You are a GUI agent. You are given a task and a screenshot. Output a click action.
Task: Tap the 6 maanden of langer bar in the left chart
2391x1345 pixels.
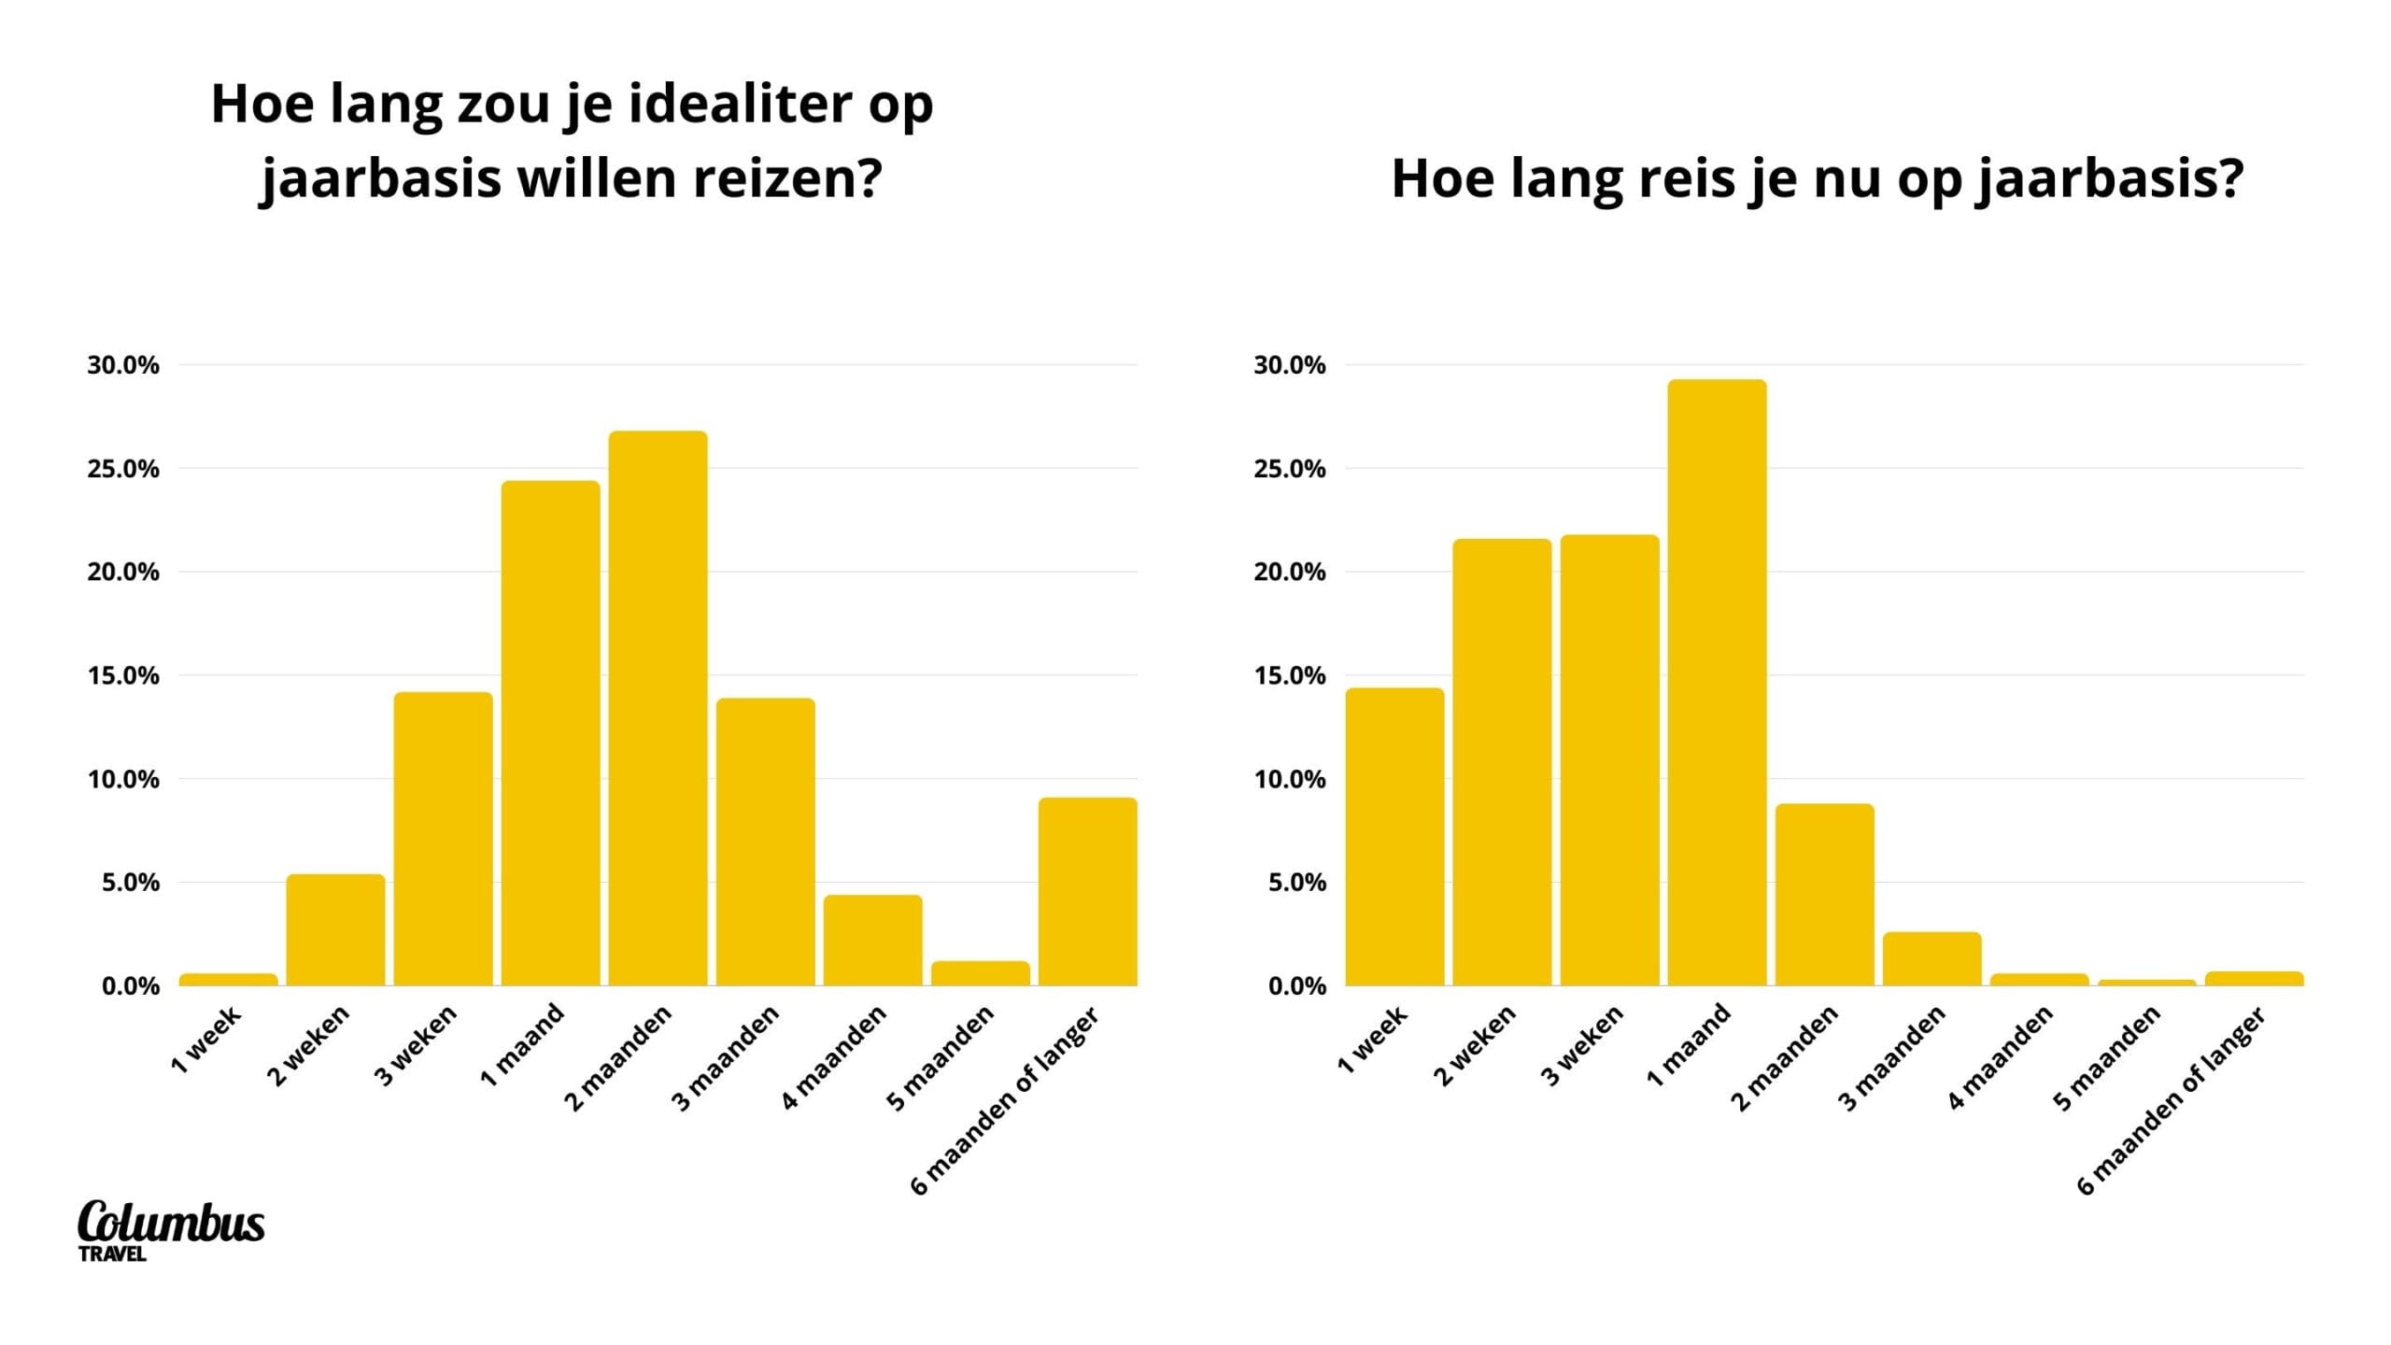1087,891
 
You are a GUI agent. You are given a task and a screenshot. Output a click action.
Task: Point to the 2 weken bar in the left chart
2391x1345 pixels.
335,929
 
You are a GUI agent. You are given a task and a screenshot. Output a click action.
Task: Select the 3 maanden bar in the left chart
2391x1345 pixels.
765,842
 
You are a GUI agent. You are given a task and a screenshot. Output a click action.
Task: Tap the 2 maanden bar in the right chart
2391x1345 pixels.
1824,894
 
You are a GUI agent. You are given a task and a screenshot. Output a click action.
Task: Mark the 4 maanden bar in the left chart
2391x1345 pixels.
872,940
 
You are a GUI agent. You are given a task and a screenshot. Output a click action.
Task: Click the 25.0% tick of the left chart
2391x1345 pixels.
123,469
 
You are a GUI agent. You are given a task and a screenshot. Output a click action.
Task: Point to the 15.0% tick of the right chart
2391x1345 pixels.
1290,675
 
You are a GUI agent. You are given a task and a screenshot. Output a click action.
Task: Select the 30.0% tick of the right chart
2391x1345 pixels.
1290,365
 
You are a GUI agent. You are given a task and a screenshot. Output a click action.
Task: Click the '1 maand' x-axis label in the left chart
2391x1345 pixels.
523,1044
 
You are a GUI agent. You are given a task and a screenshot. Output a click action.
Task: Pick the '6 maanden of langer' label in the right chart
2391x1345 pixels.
2172,1100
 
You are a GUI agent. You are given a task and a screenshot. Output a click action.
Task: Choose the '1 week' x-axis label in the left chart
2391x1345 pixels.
206,1039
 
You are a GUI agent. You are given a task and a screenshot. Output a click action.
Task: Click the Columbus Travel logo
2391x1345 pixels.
171,1229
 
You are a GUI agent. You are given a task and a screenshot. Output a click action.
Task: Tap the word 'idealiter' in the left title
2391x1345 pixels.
741,104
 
